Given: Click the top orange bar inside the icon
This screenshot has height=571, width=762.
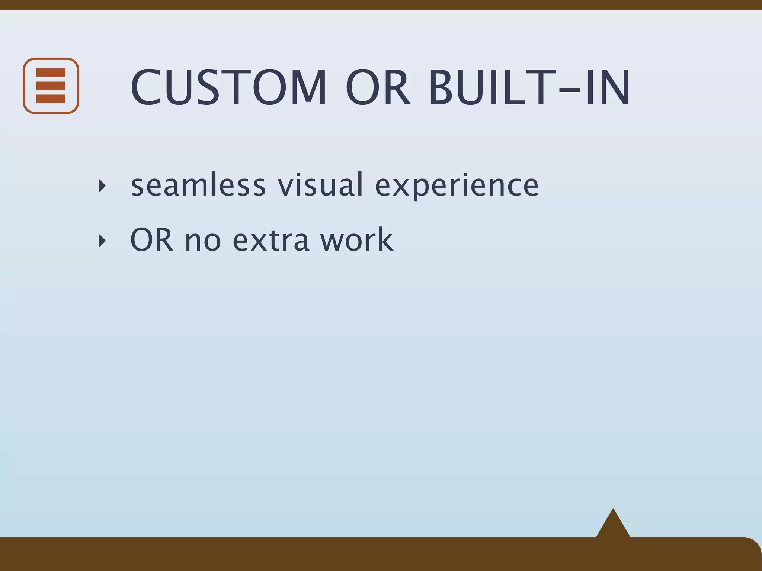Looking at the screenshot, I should pyautogui.click(x=51, y=72).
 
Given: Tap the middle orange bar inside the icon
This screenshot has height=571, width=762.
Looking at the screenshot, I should pyautogui.click(x=51, y=86).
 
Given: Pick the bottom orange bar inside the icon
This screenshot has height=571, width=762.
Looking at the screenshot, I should pyautogui.click(x=51, y=99).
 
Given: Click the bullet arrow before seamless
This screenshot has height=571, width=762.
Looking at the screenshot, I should pyautogui.click(x=102, y=186).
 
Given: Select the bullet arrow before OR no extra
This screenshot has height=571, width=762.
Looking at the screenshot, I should pyautogui.click(x=102, y=241).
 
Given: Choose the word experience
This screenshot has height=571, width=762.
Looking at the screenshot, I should pyautogui.click(x=457, y=186).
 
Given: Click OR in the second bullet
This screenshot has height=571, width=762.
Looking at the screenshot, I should pyautogui.click(x=151, y=240).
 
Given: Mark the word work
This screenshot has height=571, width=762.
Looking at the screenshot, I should pyautogui.click(x=356, y=240).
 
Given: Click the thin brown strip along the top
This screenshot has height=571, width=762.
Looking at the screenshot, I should pyautogui.click(x=381, y=4).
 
